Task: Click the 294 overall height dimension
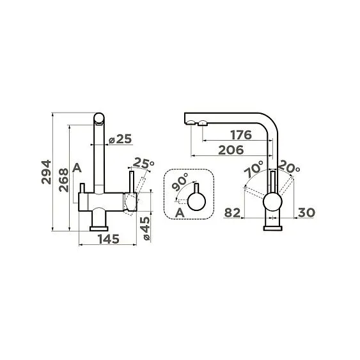[x=46, y=172]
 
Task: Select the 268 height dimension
[x=63, y=180]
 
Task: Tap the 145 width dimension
[x=109, y=239]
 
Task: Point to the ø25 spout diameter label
[x=120, y=139]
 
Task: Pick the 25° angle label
[x=143, y=162]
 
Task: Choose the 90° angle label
[x=180, y=182]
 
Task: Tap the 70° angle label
[x=253, y=169]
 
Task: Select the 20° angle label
[x=289, y=167]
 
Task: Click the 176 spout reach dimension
[x=241, y=135]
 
